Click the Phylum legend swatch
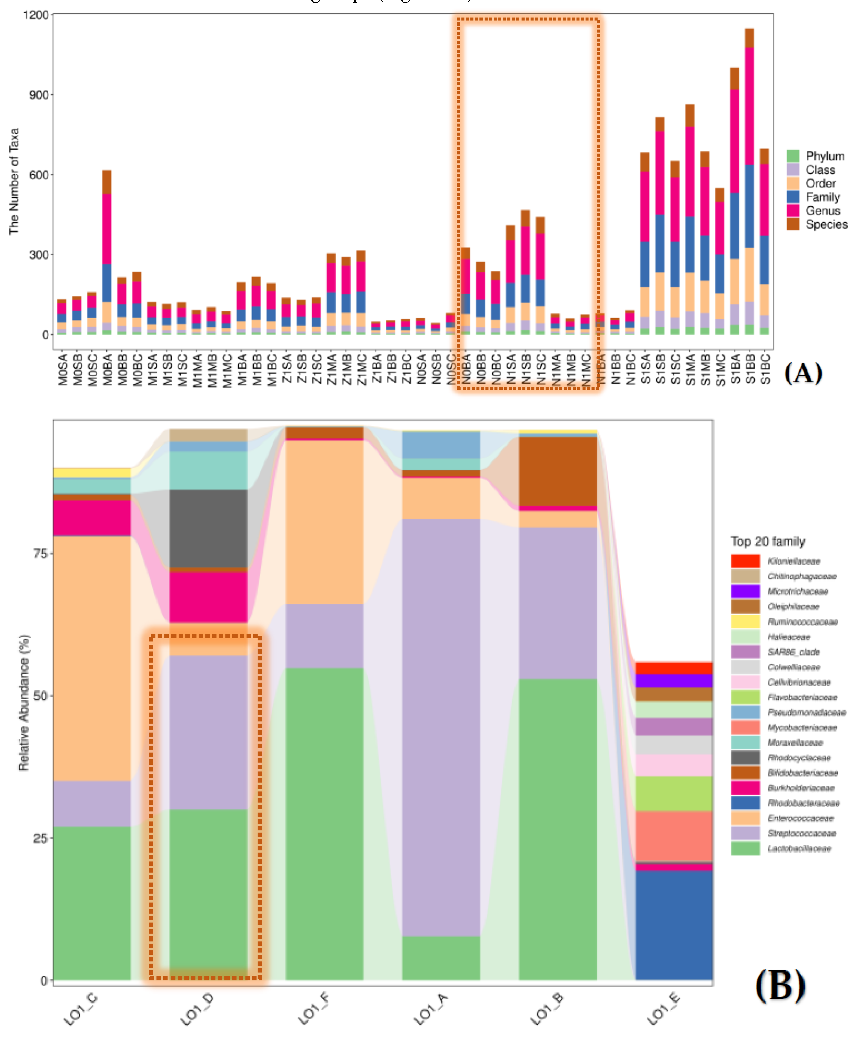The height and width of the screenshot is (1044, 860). [x=793, y=156]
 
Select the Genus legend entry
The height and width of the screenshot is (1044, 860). [x=822, y=210]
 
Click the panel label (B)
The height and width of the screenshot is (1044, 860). [x=780, y=986]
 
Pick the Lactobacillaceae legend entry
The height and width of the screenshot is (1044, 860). [x=799, y=848]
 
